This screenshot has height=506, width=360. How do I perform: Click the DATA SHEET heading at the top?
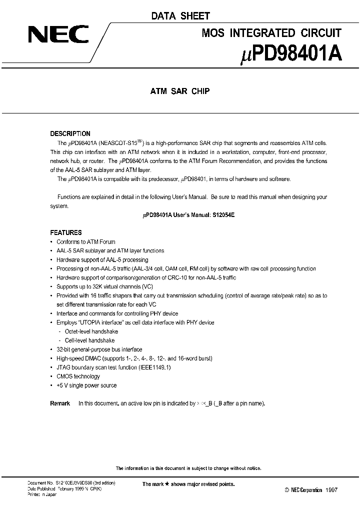[x=180, y=16]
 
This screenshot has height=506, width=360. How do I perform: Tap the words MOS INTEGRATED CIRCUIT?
[x=271, y=33]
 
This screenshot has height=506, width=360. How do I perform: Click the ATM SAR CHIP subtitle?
[x=180, y=91]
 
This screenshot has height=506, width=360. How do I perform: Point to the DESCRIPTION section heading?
[x=70, y=133]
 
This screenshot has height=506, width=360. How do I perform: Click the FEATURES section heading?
[x=66, y=232]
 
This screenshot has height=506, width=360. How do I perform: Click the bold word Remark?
[x=60, y=403]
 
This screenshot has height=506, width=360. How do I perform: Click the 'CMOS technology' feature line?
[x=78, y=376]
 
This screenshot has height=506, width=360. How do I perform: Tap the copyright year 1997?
[x=330, y=490]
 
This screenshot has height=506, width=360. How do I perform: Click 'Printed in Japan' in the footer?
[x=42, y=494]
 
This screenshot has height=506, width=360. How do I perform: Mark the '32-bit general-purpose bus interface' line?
[x=99, y=349]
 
